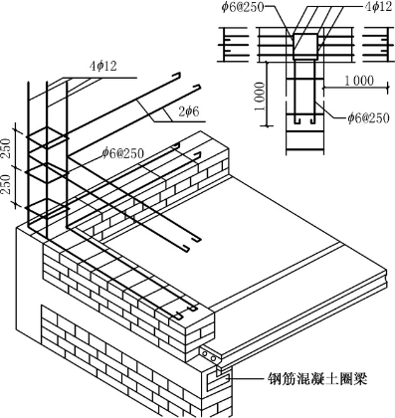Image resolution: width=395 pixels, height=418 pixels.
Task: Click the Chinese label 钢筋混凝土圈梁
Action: (x=317, y=378)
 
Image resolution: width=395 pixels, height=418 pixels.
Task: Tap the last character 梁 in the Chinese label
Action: (x=360, y=378)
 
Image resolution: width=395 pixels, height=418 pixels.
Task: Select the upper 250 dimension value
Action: (x=6, y=148)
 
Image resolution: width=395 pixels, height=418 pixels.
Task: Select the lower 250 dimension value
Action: (x=6, y=184)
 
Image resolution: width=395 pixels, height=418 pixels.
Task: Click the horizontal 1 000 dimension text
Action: (x=358, y=81)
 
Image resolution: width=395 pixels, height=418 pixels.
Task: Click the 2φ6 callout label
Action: (x=189, y=111)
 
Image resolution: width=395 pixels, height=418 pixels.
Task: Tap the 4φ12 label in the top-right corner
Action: (x=378, y=7)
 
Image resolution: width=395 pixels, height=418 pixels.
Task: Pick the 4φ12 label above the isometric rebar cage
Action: (x=103, y=66)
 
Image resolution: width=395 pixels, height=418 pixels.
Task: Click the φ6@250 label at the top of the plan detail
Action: (x=243, y=7)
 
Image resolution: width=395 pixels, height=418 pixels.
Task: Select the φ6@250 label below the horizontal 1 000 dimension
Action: (x=368, y=117)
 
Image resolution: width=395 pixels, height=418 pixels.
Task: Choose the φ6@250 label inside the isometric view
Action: (x=123, y=153)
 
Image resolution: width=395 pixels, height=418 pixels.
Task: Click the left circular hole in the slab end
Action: (x=205, y=354)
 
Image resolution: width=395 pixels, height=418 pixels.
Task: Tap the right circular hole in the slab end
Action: (x=214, y=358)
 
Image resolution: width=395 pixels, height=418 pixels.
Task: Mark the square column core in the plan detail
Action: (x=304, y=47)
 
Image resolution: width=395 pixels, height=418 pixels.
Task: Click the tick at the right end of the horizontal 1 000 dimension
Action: (x=388, y=88)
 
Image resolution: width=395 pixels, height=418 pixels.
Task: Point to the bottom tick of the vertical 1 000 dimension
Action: (x=267, y=125)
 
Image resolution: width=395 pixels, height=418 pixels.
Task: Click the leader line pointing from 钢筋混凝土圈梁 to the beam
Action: (x=248, y=378)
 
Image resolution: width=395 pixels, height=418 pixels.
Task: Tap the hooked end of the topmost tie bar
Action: (x=177, y=76)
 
